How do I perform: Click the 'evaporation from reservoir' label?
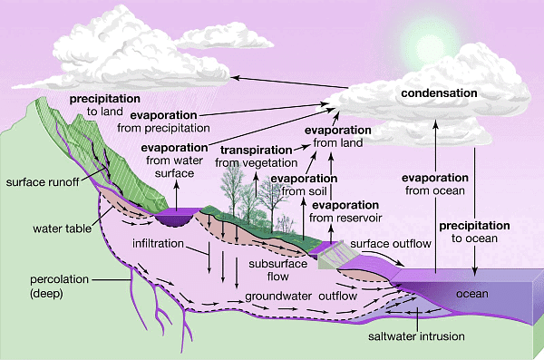click(348, 211)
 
